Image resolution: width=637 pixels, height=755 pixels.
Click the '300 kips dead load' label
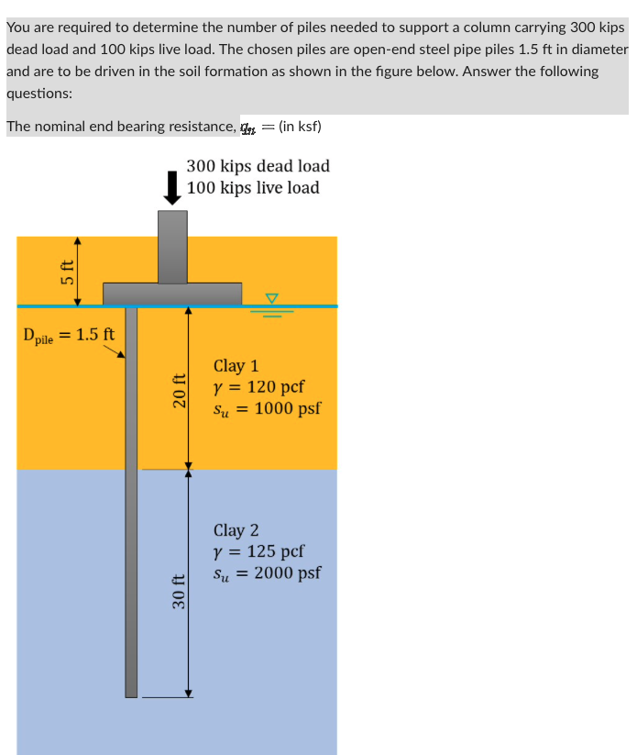258,166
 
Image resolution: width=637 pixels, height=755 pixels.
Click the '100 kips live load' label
253,188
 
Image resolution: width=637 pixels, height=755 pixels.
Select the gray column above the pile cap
172,246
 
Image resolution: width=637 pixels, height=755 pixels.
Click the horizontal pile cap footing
172,294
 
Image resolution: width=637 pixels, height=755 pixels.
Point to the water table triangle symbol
270,298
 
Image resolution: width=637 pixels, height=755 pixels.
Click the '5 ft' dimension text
67,272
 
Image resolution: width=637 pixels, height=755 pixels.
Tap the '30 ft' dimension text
180,591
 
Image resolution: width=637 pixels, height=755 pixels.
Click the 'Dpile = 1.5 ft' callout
69,334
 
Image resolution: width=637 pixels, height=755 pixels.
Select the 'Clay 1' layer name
236,366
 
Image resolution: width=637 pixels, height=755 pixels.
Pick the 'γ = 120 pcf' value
258,387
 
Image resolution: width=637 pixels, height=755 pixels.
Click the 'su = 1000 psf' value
267,408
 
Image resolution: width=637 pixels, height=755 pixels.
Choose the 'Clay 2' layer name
236,530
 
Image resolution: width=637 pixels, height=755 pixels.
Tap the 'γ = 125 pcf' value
258,551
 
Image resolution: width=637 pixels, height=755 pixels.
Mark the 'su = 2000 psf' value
267,573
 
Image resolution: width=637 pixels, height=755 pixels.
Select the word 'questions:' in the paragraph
38,93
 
